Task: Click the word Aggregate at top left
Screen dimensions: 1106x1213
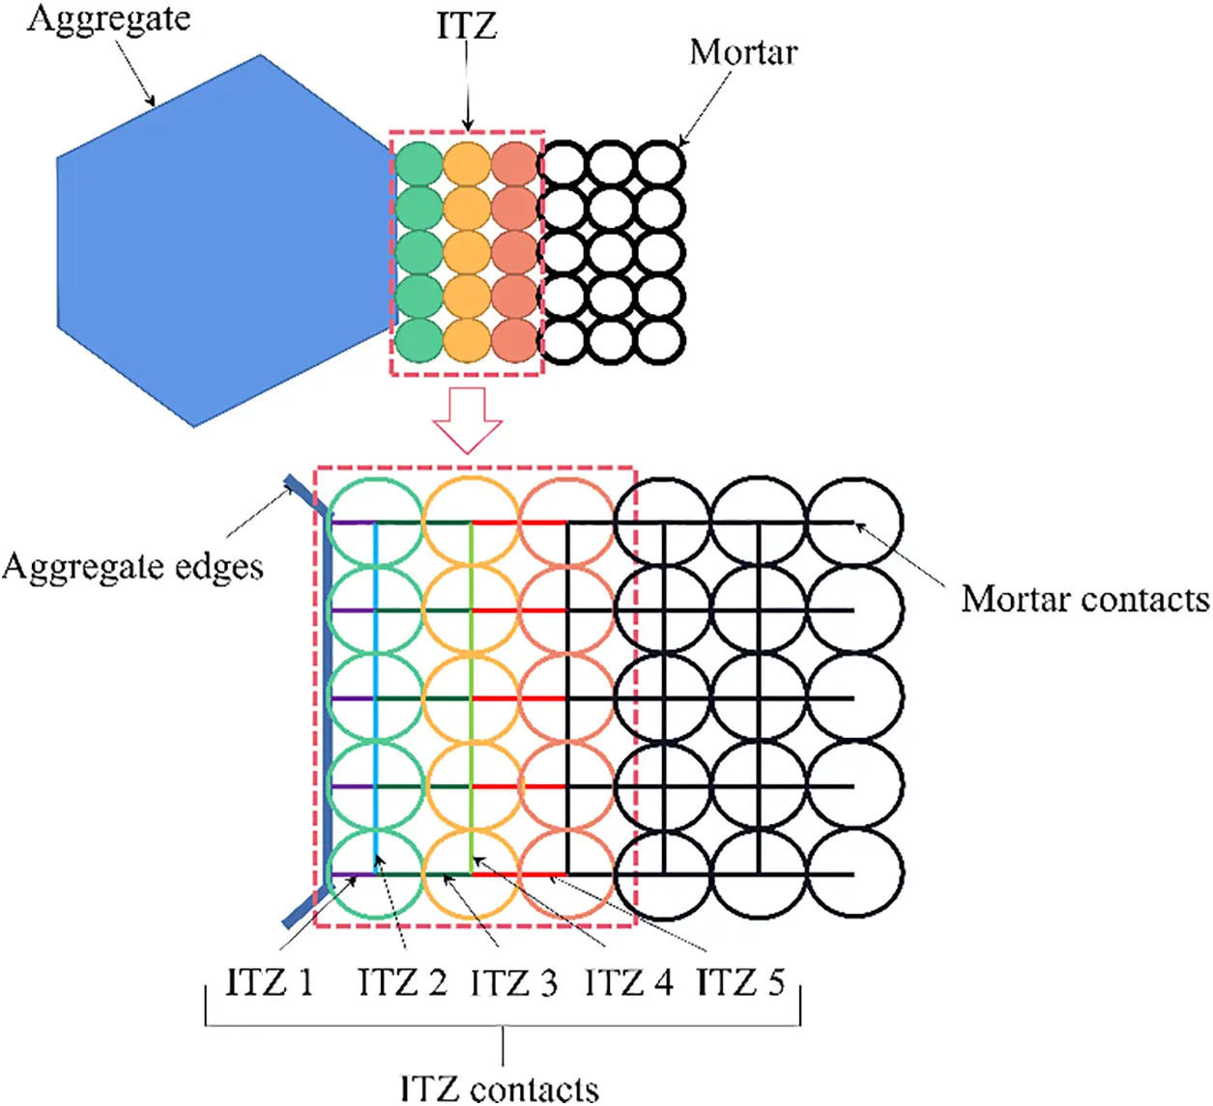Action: pyautogui.click(x=108, y=18)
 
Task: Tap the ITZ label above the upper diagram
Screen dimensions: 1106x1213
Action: pyautogui.click(x=467, y=25)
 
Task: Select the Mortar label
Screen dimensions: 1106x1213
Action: pyautogui.click(x=743, y=52)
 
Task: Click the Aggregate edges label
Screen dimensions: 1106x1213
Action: pyautogui.click(x=132, y=566)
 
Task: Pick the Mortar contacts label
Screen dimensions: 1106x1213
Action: pyautogui.click(x=1084, y=600)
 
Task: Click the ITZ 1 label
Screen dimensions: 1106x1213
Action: pyautogui.click(x=270, y=982)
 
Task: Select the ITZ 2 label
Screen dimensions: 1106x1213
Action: pyautogui.click(x=402, y=982)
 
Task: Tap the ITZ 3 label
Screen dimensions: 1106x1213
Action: pyautogui.click(x=514, y=983)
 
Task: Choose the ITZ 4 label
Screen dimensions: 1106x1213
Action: pyautogui.click(x=628, y=983)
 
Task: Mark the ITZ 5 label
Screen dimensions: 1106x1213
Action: pyautogui.click(x=740, y=982)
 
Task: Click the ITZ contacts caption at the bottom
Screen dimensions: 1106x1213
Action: pyautogui.click(x=500, y=1088)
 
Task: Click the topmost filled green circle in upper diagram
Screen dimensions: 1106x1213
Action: pyautogui.click(x=419, y=162)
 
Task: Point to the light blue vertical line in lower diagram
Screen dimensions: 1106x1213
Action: pyautogui.click(x=375, y=695)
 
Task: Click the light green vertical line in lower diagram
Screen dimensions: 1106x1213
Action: pyautogui.click(x=471, y=695)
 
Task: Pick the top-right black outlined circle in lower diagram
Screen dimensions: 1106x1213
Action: pyautogui.click(x=854, y=522)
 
